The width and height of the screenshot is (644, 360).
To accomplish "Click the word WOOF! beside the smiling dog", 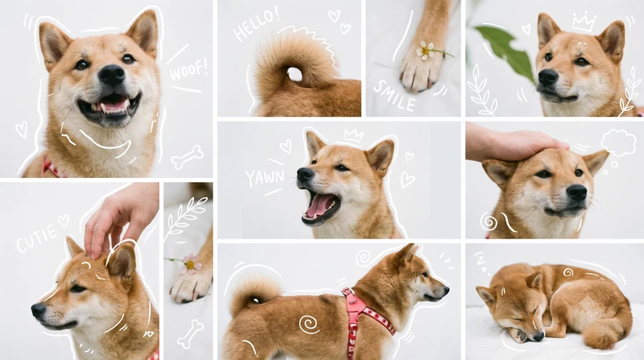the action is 188,69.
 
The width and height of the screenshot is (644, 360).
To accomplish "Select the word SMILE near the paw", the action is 394,96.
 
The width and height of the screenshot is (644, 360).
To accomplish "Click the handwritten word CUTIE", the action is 37,238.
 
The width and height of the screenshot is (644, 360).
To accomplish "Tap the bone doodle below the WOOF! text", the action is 188,157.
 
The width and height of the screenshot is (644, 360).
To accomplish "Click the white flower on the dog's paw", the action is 426,51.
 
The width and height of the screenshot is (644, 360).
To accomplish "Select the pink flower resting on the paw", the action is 190,264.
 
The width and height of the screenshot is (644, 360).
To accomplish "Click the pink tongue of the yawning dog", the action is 319,205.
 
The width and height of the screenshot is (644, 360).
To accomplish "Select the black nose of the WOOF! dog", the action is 111,75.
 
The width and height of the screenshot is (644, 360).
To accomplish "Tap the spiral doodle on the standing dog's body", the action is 309,325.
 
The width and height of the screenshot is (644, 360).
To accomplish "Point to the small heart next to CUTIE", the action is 64,221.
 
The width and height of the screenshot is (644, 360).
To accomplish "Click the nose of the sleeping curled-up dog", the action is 538,337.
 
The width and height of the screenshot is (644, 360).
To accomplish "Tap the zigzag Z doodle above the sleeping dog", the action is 481,263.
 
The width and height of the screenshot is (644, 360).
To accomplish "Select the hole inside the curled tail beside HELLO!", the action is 295,74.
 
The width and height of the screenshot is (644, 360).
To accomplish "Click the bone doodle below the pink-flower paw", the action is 190,334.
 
